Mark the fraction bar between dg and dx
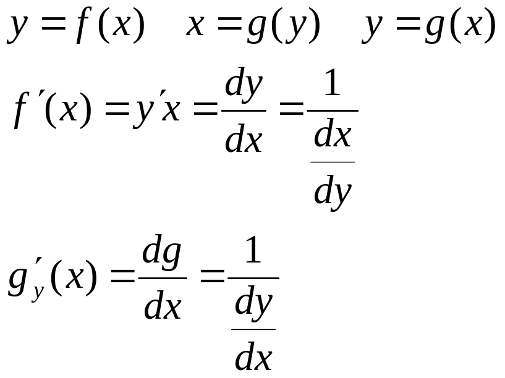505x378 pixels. click(x=163, y=278)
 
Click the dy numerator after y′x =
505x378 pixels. click(x=244, y=85)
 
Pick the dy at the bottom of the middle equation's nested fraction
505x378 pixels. click(x=333, y=192)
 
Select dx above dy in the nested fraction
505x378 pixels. click(x=333, y=134)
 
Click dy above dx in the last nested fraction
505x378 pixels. click(x=254, y=303)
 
